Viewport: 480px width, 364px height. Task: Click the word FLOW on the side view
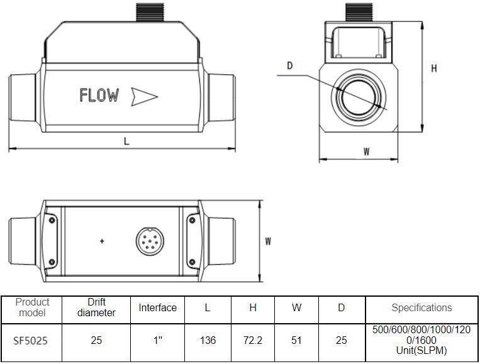(99, 96)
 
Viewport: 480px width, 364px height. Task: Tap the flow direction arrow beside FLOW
(144, 96)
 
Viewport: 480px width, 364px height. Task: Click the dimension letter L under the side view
(126, 141)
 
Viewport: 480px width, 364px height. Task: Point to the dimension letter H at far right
(433, 69)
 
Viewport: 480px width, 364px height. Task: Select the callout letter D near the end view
(290, 65)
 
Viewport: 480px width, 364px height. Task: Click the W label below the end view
(366, 151)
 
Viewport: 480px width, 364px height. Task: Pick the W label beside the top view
(268, 241)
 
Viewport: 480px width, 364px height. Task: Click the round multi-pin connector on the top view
(148, 240)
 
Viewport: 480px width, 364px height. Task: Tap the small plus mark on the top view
(102, 241)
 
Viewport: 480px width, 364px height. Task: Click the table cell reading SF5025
(30, 341)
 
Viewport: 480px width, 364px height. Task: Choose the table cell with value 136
(208, 341)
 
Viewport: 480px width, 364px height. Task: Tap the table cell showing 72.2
(253, 341)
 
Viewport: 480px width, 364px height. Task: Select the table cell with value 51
(296, 341)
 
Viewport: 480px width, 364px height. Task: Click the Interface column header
(158, 307)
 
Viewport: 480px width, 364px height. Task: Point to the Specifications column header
(421, 307)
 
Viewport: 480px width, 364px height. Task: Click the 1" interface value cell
(158, 341)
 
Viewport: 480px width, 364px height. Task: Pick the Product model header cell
(32, 307)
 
